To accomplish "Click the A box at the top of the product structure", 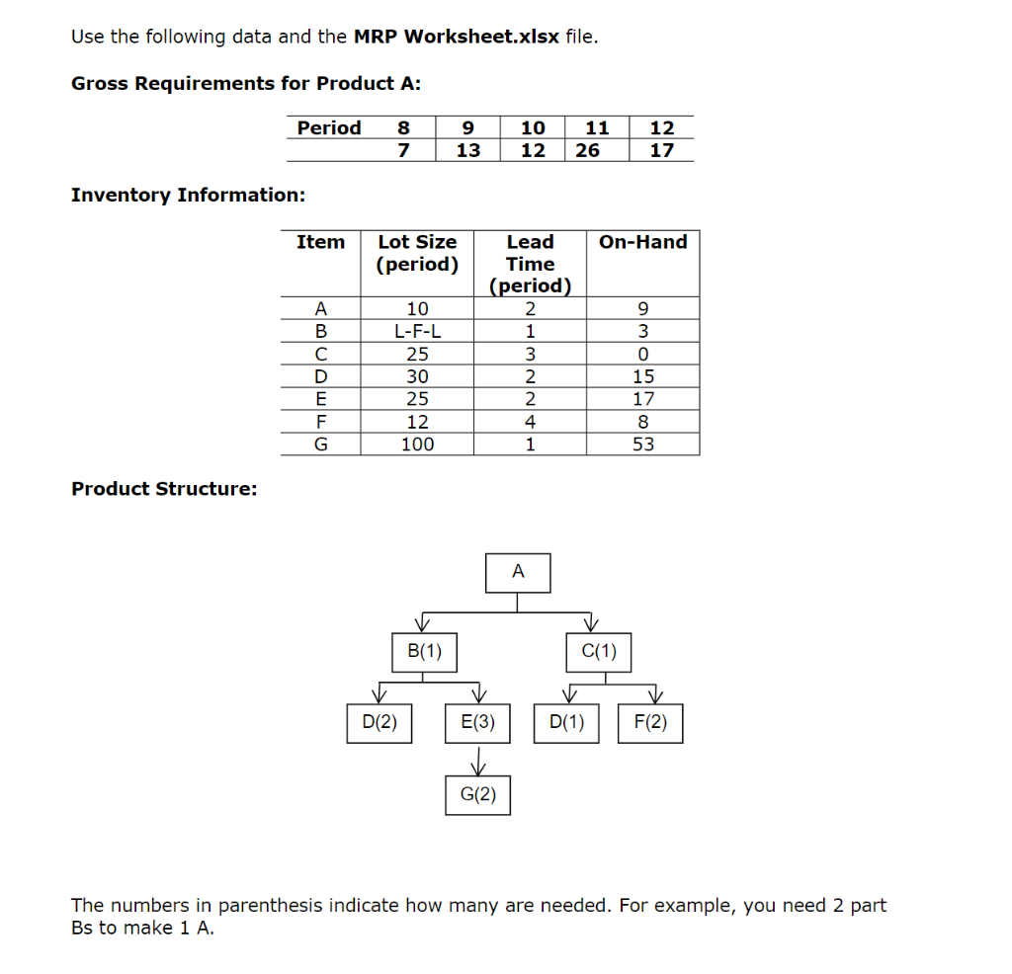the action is coord(518,573).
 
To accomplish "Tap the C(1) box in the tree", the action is coord(599,652).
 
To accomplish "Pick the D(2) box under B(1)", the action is coord(379,723).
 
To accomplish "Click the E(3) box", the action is coord(478,723).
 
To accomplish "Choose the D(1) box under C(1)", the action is coord(566,723).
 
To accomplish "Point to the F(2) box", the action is coord(650,723).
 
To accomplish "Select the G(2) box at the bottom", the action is coord(478,795).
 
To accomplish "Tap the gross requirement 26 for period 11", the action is coord(587,150).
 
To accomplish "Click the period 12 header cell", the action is coord(662,127).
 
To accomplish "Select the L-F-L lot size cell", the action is coord(417,331).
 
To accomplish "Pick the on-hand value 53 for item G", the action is coord(643,445).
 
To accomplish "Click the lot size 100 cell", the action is coord(417,445).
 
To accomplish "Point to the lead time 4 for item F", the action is coord(530,422).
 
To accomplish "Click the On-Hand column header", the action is coord(643,242).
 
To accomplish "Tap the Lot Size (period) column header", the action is coord(417,253).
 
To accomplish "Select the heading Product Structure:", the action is coord(164,489).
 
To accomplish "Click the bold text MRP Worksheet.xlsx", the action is coord(457,38).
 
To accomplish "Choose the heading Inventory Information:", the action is coord(188,195).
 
